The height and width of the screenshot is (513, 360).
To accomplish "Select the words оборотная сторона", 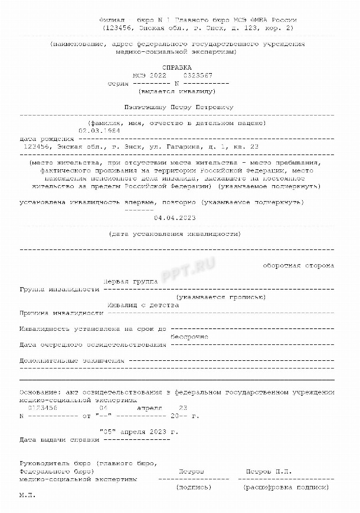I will tap(299, 266).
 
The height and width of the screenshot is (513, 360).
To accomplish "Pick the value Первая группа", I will tap(130, 282).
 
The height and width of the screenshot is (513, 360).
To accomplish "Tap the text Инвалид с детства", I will tap(143, 305).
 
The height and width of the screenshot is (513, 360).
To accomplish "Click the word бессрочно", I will tap(189, 336).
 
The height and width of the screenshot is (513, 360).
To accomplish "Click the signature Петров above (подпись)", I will tap(191, 472).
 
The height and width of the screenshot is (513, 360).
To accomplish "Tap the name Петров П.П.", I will tap(269, 472).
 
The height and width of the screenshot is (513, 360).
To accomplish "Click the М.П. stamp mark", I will tap(27, 496).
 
